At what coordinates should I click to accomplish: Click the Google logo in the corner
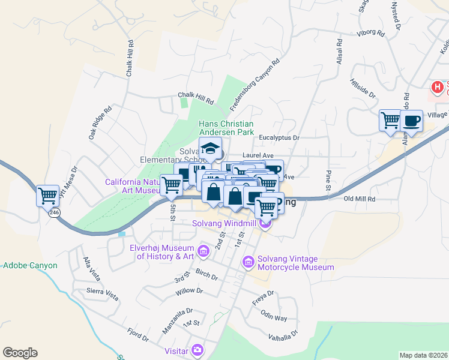[20, 353]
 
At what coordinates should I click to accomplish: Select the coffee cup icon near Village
[411, 120]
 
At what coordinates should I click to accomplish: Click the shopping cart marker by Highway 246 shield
[48, 194]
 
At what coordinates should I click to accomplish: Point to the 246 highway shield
[55, 212]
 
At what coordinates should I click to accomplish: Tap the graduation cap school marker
[211, 148]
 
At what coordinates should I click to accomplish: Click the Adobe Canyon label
[30, 265]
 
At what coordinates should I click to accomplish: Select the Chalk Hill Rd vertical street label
[129, 58]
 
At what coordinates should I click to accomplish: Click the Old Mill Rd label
[359, 199]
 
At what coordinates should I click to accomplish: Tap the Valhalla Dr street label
[283, 335]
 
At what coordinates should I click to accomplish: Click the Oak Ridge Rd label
[100, 123]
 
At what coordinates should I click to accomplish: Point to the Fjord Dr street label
[137, 334]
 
